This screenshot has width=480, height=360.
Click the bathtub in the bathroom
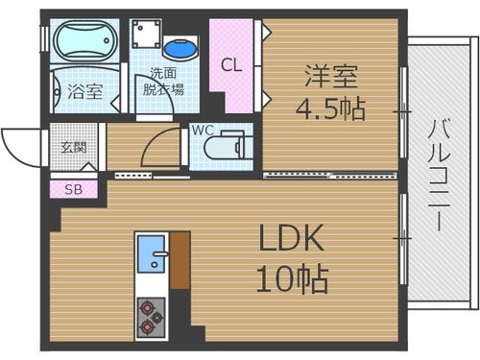click(x=84, y=43)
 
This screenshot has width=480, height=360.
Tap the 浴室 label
click(x=85, y=92)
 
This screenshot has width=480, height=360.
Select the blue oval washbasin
click(x=179, y=47)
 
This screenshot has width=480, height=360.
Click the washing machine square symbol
click(x=146, y=36)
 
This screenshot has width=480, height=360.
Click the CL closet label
click(x=230, y=65)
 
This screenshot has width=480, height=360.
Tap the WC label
click(x=203, y=128)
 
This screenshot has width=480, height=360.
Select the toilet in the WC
click(x=228, y=145)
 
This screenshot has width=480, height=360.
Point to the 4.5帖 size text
click(x=329, y=108)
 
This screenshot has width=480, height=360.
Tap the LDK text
click(x=289, y=238)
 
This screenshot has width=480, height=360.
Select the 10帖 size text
click(x=291, y=279)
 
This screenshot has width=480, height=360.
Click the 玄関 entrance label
click(x=73, y=147)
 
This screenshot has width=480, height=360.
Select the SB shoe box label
click(x=73, y=189)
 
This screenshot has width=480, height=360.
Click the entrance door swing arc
click(x=19, y=149)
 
